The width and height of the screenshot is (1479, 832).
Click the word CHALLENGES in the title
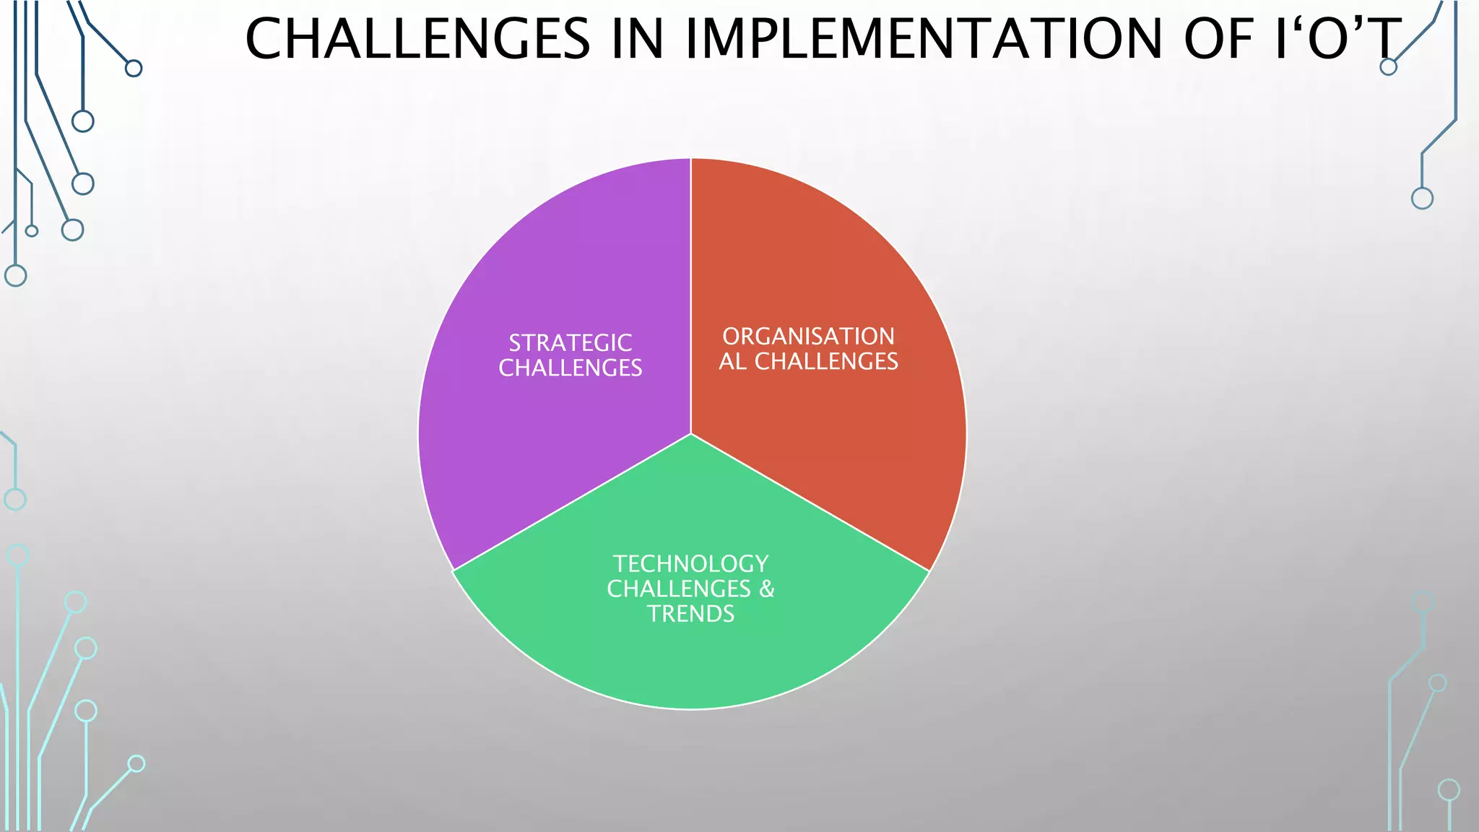pyautogui.click(x=417, y=39)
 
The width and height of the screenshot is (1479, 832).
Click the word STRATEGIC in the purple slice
pyautogui.click(x=570, y=342)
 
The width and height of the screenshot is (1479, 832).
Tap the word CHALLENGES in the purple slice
pyautogui.click(x=570, y=368)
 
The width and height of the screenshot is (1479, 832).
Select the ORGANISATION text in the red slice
pyautogui.click(x=808, y=336)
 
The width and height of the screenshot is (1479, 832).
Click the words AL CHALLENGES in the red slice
pyautogui.click(x=808, y=361)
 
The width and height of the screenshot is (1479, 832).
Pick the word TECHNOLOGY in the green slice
pyautogui.click(x=690, y=563)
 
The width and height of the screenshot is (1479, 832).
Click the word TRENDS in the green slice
pyautogui.click(x=690, y=614)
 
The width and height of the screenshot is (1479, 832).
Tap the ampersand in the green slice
pyautogui.click(x=766, y=589)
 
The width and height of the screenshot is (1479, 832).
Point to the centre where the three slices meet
pyautogui.click(x=691, y=433)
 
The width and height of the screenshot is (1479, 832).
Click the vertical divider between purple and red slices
pyautogui.click(x=691, y=289)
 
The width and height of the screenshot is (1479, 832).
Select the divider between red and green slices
pyautogui.click(x=809, y=502)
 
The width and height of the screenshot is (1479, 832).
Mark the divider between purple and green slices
pyautogui.click(x=571, y=502)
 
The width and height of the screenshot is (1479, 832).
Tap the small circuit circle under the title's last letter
pyautogui.click(x=1388, y=67)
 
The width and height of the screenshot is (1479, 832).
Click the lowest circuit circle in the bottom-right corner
pyautogui.click(x=1449, y=789)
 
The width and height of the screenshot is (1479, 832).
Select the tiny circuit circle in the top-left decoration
pyautogui.click(x=31, y=231)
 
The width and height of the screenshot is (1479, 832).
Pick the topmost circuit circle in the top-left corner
pyautogui.click(x=134, y=69)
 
